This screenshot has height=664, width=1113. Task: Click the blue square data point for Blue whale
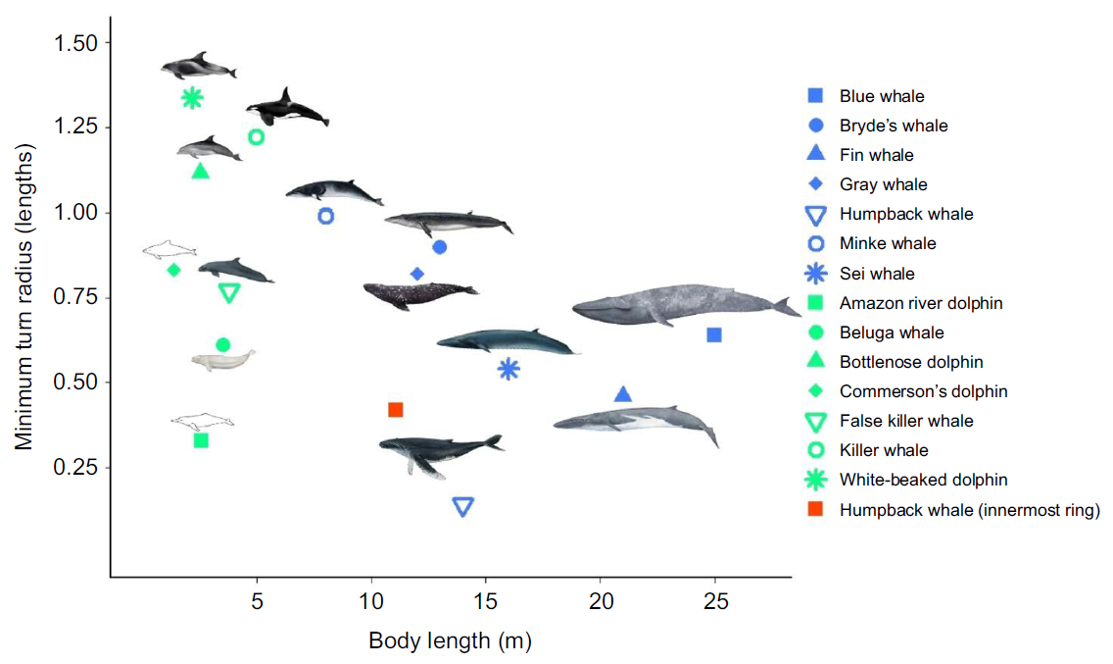(714, 335)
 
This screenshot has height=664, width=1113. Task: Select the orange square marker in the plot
(396, 410)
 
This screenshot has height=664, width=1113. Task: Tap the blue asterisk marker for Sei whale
(508, 369)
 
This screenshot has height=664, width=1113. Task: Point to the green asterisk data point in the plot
(192, 97)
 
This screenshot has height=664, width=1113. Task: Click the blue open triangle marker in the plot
(463, 506)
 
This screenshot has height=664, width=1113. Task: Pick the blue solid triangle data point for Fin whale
(623, 394)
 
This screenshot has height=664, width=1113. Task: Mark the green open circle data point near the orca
(256, 136)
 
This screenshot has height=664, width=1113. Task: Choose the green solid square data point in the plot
(201, 440)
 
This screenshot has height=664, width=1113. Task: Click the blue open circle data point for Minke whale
(326, 216)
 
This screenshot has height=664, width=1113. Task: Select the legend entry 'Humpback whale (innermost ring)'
(970, 510)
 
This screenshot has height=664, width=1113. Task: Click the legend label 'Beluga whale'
(892, 332)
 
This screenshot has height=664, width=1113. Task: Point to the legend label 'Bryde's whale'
(894, 126)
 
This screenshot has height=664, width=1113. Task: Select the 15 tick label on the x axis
(486, 601)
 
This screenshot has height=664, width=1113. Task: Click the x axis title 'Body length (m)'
(450, 641)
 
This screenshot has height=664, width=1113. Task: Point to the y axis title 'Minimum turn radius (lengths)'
(24, 296)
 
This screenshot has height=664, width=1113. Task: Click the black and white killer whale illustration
(286, 108)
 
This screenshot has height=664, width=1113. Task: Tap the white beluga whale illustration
(222, 360)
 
